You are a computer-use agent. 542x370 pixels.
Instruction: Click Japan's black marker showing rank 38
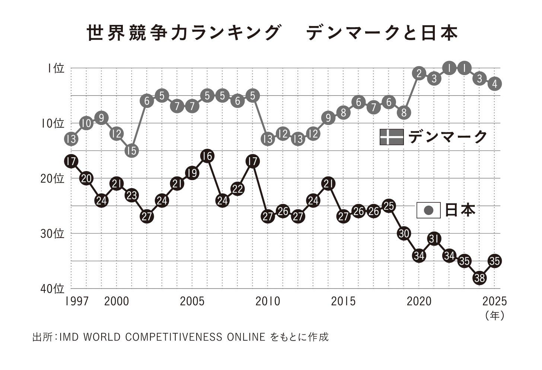479,278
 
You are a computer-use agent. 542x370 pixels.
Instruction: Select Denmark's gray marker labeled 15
131,150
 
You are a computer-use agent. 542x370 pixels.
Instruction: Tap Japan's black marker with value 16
207,156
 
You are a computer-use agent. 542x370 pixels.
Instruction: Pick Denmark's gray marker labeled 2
419,74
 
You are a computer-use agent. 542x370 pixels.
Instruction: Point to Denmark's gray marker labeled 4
494,84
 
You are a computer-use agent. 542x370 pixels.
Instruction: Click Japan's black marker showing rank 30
404,233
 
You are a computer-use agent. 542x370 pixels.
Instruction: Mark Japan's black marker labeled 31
434,239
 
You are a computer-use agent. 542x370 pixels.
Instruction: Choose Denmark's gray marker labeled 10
86,123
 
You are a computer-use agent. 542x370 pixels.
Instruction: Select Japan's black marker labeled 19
192,173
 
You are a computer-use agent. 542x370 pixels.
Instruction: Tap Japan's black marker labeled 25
389,206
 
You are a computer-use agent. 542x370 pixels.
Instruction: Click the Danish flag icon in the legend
391,137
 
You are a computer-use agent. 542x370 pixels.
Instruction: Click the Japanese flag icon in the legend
428,210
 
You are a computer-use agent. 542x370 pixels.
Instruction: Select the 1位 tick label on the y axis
56,68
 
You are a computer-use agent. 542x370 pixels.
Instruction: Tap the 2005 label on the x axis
192,301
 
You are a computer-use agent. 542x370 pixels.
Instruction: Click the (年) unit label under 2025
495,315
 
